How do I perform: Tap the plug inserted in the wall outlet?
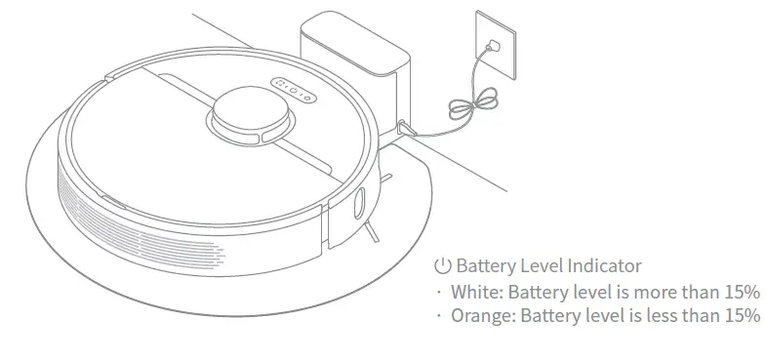[x=494, y=45]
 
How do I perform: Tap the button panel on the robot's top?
[x=291, y=90]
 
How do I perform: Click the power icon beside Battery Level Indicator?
[x=443, y=265]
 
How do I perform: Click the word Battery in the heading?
[x=484, y=265]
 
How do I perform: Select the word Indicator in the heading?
[x=604, y=265]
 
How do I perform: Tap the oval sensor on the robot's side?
[x=358, y=204]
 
